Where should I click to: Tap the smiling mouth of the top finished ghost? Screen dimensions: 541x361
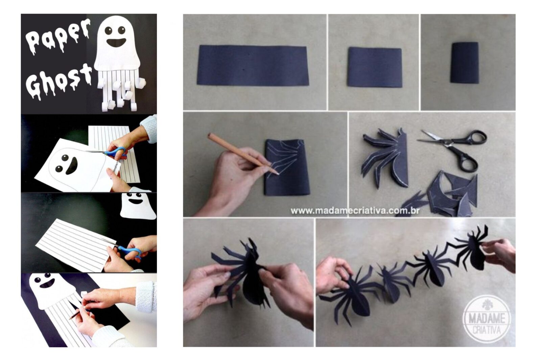point(116,43)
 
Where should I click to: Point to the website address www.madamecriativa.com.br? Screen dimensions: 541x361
point(355,211)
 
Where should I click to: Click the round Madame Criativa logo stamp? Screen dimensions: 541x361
point(487,319)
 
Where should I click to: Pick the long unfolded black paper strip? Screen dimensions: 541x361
point(253,65)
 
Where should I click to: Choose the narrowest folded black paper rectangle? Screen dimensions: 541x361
point(464,63)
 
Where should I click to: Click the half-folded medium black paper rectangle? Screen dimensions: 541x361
point(375,67)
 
